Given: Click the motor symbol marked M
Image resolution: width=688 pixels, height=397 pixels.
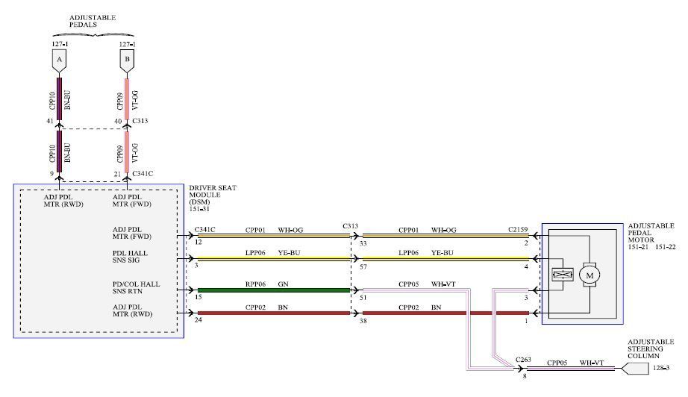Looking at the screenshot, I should [590, 275].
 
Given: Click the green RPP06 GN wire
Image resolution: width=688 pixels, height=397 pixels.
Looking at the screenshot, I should [273, 290].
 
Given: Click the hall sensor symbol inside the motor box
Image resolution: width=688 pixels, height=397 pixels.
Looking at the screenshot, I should [560, 275].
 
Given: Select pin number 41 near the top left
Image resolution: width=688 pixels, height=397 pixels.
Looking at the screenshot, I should [49, 121].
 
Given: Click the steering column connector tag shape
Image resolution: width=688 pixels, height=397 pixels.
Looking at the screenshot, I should [634, 368].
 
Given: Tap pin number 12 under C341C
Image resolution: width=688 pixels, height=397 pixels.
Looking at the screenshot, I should [198, 241].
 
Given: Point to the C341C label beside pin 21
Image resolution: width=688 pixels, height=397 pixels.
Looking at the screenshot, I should [143, 174].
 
